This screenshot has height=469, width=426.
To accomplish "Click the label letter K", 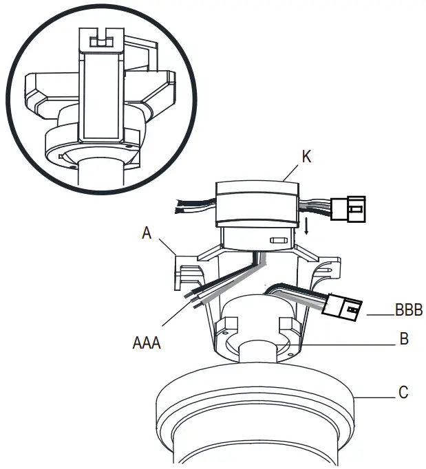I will (x=306, y=157).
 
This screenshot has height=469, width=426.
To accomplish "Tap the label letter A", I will (x=147, y=233).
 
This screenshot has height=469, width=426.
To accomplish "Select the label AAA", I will (x=146, y=342).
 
